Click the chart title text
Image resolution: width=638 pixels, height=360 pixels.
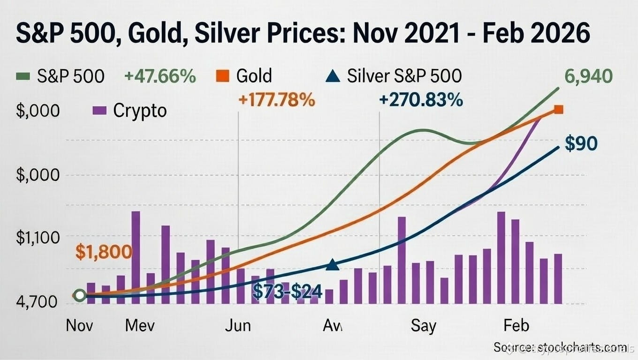302,36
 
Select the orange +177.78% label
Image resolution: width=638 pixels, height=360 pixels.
277,100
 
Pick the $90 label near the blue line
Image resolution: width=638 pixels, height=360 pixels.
581,143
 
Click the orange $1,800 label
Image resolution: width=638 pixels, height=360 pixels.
104,252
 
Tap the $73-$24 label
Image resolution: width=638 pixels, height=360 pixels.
288,292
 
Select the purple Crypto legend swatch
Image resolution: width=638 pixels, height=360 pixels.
99,111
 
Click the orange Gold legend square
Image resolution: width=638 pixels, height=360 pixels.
222,76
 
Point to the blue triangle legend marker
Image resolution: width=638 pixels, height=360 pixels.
333,75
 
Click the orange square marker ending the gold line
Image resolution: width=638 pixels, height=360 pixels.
558,110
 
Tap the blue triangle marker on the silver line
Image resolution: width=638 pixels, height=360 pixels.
332,265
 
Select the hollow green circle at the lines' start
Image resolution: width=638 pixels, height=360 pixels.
80,295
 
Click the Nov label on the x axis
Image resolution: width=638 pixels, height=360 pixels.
79,325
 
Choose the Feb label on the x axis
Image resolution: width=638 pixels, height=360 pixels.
516,325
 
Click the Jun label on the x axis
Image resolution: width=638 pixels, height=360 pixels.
237,325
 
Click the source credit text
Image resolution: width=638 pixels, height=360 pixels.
560,347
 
